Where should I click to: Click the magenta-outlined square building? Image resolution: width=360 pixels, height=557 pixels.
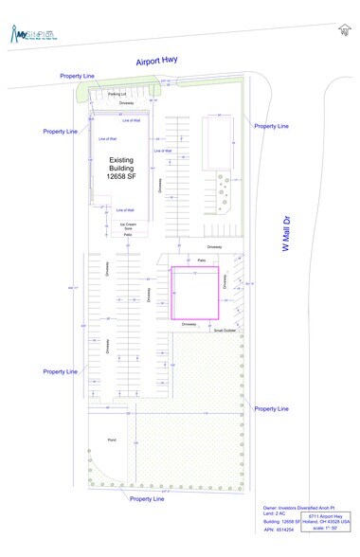pos(194,294)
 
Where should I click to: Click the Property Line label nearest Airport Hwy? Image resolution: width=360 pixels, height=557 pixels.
pos(77,75)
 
